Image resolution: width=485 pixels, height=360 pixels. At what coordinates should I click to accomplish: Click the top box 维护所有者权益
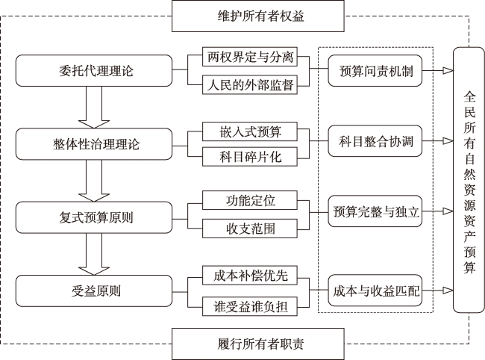(258, 16)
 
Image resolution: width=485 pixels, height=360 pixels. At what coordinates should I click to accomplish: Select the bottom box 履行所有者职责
(258, 344)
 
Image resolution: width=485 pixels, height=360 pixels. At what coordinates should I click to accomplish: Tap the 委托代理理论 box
(94, 70)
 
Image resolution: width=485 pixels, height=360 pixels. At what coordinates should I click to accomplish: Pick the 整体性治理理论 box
(94, 144)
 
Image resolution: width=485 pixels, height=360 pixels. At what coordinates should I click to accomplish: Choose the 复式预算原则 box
(94, 217)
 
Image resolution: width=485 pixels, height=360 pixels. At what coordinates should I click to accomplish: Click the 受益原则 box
(94, 291)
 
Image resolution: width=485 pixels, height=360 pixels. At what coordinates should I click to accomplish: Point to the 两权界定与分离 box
(250, 57)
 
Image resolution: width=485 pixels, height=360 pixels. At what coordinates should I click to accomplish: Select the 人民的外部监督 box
(250, 84)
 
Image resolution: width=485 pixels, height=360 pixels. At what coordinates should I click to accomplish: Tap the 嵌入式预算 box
(250, 131)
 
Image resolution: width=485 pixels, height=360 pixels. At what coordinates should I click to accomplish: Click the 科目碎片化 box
(250, 157)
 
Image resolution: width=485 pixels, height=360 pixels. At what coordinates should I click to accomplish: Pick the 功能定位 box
(250, 200)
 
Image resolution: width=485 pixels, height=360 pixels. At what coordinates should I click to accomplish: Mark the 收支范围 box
(250, 229)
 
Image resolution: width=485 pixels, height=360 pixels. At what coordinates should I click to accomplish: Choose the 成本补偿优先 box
(250, 275)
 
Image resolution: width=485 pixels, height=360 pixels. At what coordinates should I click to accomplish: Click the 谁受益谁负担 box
(250, 306)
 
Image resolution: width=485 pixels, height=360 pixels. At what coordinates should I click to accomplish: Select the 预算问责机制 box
(375, 70)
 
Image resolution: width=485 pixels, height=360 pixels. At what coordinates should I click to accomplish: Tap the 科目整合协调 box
(375, 141)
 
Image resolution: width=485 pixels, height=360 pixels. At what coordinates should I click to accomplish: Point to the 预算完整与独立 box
(375, 211)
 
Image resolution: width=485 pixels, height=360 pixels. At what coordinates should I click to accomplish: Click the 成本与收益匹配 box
(375, 291)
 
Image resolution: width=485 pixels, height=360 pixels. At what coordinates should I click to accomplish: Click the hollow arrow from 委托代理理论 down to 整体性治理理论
(94, 107)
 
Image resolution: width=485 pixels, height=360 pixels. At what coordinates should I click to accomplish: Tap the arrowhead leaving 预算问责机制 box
(448, 70)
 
